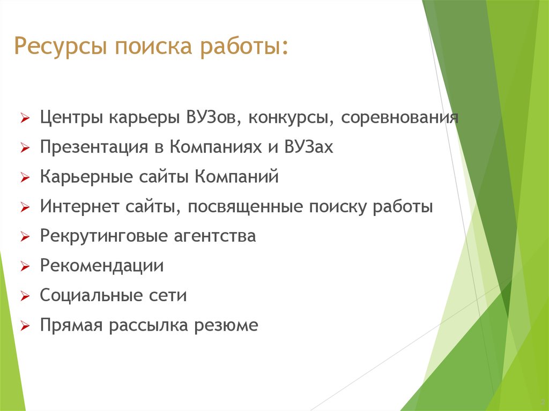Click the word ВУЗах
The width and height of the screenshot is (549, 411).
[308, 147]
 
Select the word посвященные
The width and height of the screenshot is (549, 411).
[245, 207]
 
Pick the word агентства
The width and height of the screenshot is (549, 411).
[215, 236]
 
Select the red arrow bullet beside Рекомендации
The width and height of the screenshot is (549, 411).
[25, 267]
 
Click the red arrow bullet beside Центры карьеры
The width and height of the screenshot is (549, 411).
[25, 118]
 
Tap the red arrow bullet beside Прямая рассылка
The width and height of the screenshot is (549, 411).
[25, 326]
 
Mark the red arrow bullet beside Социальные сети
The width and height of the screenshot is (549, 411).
[25, 296]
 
